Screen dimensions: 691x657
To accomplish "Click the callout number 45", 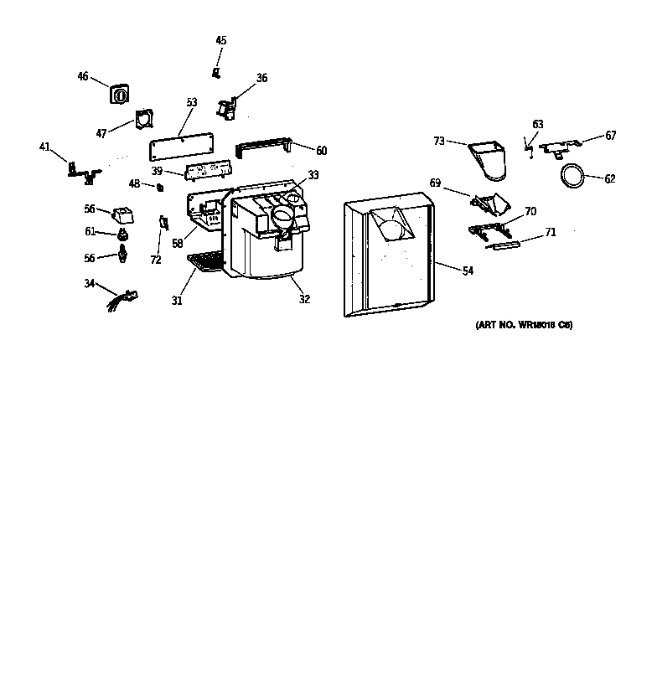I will [221, 40].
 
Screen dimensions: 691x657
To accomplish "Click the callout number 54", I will [468, 271].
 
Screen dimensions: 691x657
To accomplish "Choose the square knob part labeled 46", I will [120, 93].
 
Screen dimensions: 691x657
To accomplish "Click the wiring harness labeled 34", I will [122, 297].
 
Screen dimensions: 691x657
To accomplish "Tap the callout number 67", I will [611, 136].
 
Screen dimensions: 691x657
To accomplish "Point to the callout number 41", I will [44, 147].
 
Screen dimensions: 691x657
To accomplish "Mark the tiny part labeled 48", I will [159, 186].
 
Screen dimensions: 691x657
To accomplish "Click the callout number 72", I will [156, 260].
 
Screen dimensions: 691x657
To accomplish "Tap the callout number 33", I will [313, 175].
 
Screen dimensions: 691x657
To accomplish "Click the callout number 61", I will [90, 232].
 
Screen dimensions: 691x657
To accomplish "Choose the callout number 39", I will [157, 171].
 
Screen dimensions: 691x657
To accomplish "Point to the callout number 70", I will [530, 212].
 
